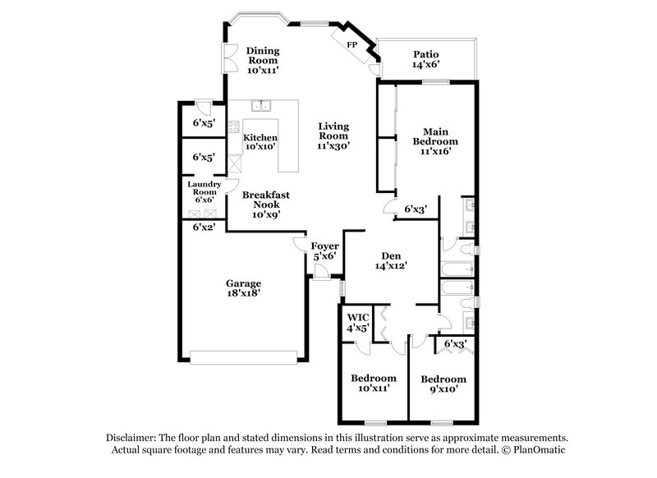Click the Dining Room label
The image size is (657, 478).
pyautogui.click(x=264, y=55)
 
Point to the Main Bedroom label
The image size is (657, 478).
pyautogui.click(x=440, y=140)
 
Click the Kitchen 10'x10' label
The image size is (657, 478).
pyautogui.click(x=260, y=142)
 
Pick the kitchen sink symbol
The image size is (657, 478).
pyautogui.click(x=263, y=105)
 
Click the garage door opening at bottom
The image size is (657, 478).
pyautogui.click(x=244, y=356)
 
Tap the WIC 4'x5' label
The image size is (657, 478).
pyautogui.click(x=357, y=322)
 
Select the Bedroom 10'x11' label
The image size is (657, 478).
pyautogui.click(x=374, y=383)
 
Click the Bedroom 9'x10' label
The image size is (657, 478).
pyautogui.click(x=443, y=384)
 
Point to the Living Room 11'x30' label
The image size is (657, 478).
pyautogui.click(x=334, y=136)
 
